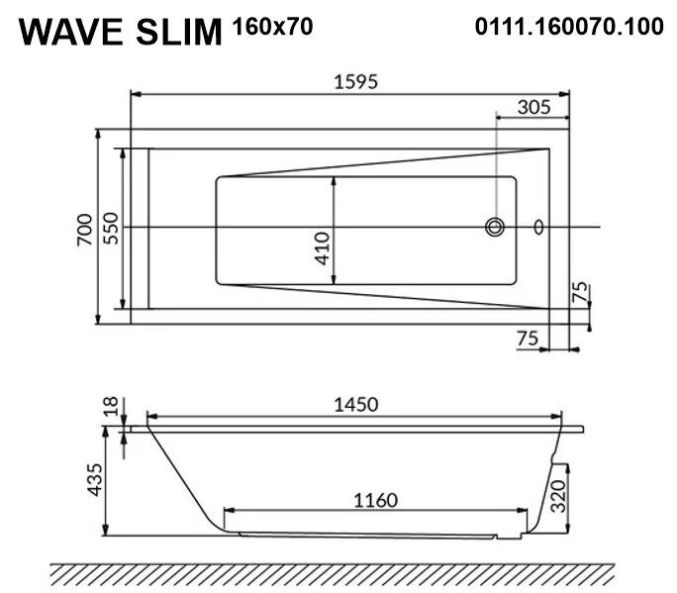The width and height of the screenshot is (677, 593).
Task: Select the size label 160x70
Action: coord(272,28)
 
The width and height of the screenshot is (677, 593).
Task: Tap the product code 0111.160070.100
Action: coord(569,28)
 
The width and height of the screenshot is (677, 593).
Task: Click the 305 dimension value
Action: coord(532,108)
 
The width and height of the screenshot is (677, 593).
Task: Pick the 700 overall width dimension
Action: coord(84,228)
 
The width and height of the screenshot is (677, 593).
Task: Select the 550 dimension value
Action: coord(111,228)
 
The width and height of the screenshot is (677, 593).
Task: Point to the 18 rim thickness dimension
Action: coord(111,406)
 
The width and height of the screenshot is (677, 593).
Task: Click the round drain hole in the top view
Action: coord(495,228)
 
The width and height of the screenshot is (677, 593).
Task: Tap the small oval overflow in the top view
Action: coord(538,228)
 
